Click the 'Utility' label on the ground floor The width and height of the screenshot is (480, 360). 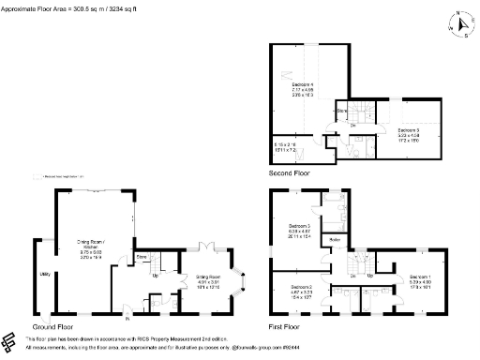pos(44,274)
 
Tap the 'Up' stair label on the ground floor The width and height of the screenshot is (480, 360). pos(156,275)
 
